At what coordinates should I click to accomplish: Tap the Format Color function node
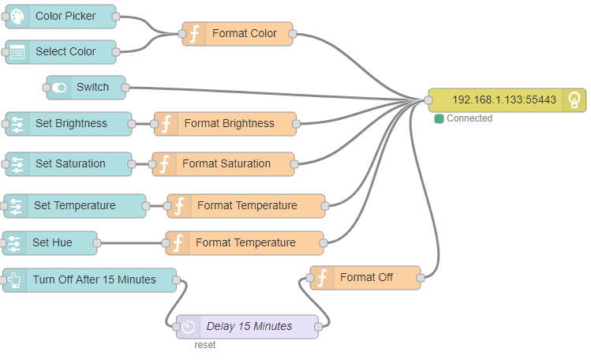coord(238,34)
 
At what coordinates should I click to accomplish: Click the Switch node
coord(86,87)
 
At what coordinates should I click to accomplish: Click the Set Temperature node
coord(75,206)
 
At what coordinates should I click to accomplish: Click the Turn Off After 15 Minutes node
coord(92,279)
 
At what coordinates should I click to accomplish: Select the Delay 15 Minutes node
coord(248,326)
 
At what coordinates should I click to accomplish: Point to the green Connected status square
coord(439,118)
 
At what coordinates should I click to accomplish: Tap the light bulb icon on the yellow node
coord(575,100)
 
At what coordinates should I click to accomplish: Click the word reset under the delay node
coord(205,345)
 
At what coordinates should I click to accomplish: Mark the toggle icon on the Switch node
coord(60,87)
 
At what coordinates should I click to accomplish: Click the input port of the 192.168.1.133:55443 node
coord(428,100)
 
